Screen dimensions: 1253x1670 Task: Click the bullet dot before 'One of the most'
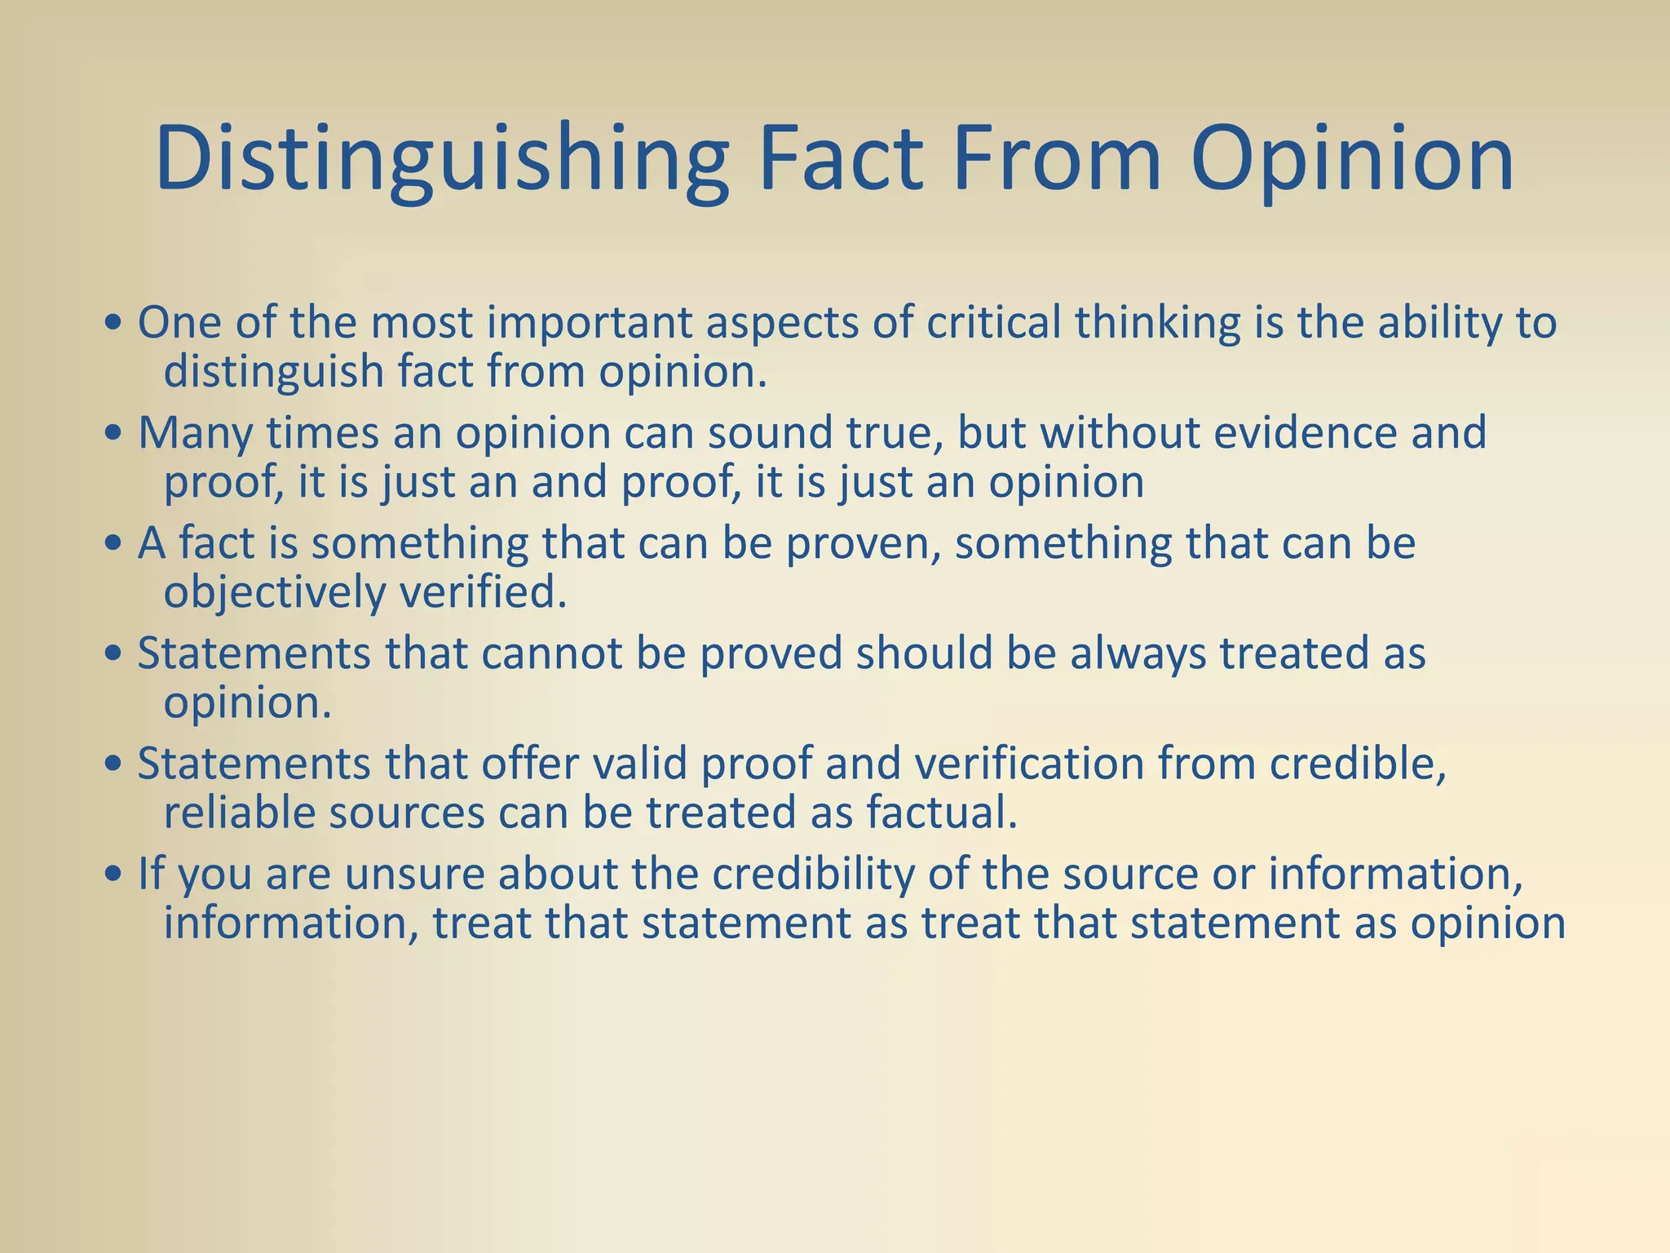click(114, 324)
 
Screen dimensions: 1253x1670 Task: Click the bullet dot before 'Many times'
click(114, 434)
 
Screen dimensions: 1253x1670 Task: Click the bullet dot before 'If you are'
click(114, 875)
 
